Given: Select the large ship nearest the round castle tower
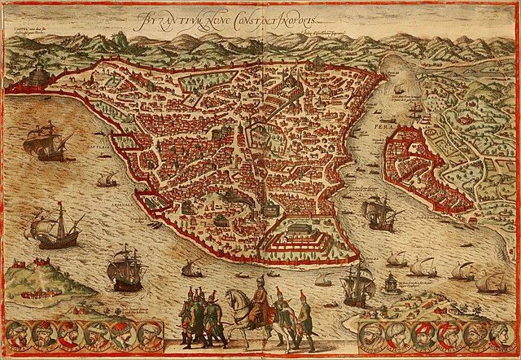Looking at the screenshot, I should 49,140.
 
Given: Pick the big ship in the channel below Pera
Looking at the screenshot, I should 379,212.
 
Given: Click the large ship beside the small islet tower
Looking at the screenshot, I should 357,283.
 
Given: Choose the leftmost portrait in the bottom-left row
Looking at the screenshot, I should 17,335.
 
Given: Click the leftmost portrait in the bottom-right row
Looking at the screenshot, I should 374,335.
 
